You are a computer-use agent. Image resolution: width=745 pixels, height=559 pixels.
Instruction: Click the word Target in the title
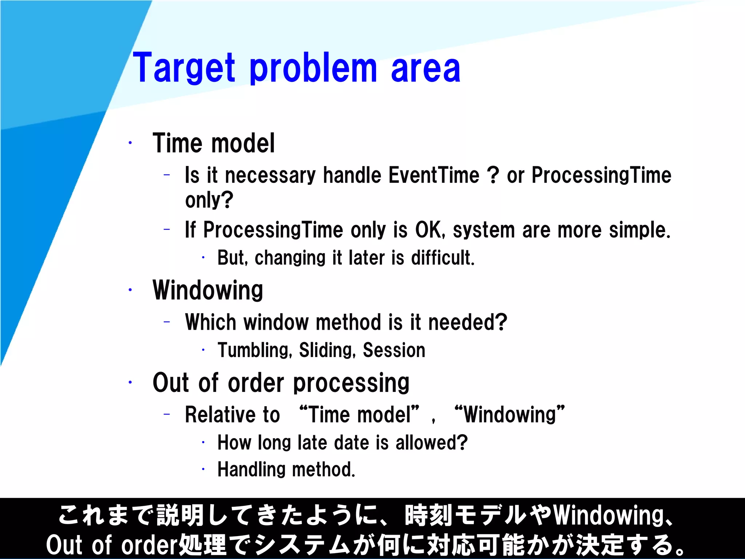[x=184, y=68]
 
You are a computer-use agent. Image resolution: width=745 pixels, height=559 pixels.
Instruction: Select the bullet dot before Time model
[x=130, y=143]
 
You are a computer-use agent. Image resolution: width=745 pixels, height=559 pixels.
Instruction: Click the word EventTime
[x=434, y=175]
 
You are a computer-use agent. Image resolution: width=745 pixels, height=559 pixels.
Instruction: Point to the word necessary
[x=270, y=176]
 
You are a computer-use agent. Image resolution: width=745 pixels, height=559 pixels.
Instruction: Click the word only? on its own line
[x=209, y=200]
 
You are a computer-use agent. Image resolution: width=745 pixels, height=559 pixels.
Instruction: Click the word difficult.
[x=443, y=258]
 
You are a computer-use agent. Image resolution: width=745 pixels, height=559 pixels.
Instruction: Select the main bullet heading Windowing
[x=208, y=290]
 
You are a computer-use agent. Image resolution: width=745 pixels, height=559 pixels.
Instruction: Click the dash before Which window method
[x=167, y=322]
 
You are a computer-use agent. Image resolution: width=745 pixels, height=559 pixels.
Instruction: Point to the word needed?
[x=467, y=322]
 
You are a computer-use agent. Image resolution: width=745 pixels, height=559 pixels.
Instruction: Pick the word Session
[x=394, y=350]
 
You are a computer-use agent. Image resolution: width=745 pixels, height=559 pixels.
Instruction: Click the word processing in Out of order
[x=351, y=383]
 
